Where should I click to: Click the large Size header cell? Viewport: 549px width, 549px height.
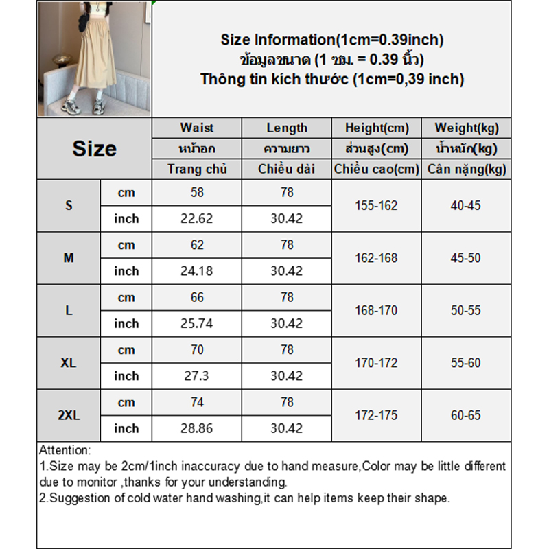coord(94,149)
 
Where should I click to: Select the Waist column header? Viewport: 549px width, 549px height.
coord(196,128)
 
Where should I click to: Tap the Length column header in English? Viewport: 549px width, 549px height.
coord(287,128)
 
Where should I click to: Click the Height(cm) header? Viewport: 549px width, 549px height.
coord(376,128)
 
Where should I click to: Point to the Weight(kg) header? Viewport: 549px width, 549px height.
coord(467,128)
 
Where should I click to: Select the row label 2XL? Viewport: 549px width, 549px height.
coord(69,415)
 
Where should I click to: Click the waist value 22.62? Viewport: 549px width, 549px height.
coord(196,219)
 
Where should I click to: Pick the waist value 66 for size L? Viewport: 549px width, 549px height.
coord(196,297)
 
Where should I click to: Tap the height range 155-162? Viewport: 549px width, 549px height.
coord(376,205)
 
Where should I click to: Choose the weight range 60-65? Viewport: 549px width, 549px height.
coord(467,415)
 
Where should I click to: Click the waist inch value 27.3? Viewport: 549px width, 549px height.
coord(196,376)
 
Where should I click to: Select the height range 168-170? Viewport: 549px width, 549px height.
coord(376,310)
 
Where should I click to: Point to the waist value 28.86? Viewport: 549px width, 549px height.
coord(196,428)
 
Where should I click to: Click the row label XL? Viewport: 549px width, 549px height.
coord(69,363)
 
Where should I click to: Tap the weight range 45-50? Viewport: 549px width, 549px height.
coord(467,258)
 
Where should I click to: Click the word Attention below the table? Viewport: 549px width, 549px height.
coord(65,451)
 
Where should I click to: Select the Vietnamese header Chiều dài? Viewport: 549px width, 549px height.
coord(287,169)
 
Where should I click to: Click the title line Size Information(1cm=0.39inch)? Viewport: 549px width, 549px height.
coord(332,40)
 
